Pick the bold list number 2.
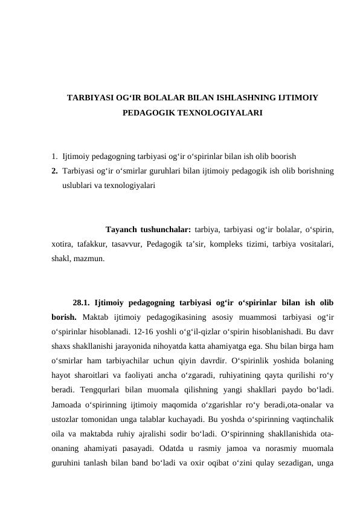coord(54,171)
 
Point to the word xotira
coord(62,244)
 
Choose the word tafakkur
coord(92,244)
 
